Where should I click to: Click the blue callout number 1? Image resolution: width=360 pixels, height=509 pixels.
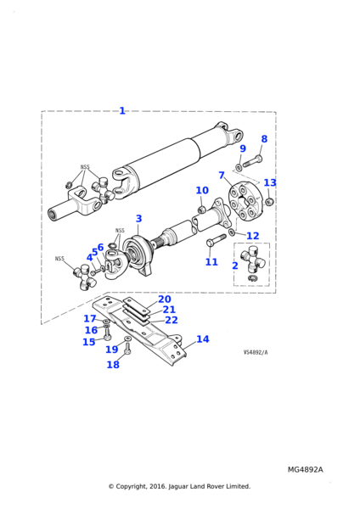click(122, 110)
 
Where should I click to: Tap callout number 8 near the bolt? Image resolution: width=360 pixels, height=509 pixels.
click(264, 139)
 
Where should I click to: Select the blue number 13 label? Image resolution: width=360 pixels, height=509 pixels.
click(270, 182)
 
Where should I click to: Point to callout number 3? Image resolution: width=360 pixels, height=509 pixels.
click(138, 219)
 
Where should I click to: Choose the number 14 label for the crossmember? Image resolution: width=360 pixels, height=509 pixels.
click(203, 339)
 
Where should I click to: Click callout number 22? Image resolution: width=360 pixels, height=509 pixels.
click(172, 320)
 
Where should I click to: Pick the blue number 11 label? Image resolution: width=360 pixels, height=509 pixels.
click(211, 262)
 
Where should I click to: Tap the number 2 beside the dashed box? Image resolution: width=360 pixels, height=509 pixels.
click(235, 266)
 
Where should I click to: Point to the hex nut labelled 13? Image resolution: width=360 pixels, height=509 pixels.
click(269, 202)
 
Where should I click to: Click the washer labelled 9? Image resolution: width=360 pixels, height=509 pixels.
click(238, 167)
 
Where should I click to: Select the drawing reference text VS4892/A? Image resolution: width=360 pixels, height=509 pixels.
click(256, 352)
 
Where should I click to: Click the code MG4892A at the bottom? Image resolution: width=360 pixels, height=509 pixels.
click(305, 469)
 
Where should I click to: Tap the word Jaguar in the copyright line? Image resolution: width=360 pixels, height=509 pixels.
click(178, 486)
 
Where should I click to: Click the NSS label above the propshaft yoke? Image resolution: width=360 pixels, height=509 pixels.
click(85, 167)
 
